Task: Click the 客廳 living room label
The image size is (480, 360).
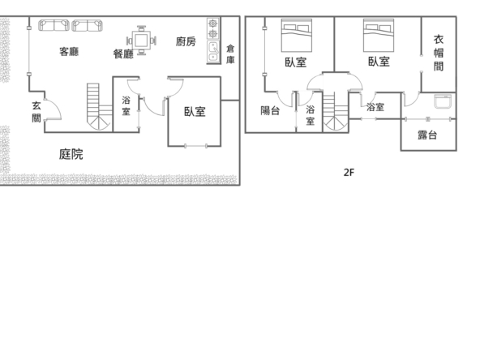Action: click(x=69, y=51)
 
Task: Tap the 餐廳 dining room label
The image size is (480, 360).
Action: click(x=123, y=54)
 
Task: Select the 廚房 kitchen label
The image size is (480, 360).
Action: click(x=186, y=41)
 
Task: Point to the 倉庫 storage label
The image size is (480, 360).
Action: click(x=230, y=54)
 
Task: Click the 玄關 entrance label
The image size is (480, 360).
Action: click(x=36, y=112)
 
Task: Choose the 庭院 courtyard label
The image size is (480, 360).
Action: click(x=71, y=154)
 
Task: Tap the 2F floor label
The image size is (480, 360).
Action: click(x=349, y=173)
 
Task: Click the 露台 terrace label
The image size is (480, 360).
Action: click(x=427, y=135)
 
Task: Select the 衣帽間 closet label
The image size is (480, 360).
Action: click(x=439, y=53)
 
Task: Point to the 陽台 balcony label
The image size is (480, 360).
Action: click(x=270, y=110)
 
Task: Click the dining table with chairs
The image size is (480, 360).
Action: click(x=141, y=41)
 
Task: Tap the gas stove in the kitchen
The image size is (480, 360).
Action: click(x=213, y=28)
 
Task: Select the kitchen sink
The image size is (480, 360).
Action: click(x=213, y=51)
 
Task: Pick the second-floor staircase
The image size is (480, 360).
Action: click(x=335, y=113)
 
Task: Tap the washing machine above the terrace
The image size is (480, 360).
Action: click(x=443, y=101)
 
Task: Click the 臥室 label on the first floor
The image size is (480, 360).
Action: click(x=195, y=111)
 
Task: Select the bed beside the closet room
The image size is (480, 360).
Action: click(x=379, y=35)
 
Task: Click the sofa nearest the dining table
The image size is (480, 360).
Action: click(x=88, y=25)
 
